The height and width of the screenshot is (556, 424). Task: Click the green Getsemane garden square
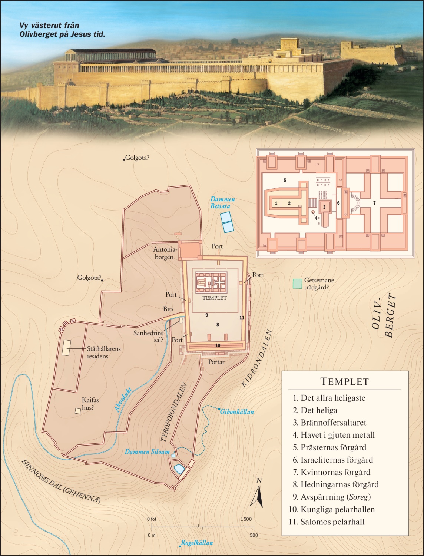[x=297, y=284]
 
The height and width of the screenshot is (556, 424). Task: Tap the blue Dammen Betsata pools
[x=226, y=222]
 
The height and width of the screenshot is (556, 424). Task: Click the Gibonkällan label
[x=237, y=412]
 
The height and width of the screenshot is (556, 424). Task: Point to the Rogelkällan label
[x=197, y=543]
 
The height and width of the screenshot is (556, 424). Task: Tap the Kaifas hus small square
[x=78, y=411]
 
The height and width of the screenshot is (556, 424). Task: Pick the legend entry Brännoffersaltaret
[x=333, y=423]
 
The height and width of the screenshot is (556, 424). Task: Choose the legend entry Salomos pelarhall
[x=332, y=522]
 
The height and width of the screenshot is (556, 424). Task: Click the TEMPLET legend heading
[x=344, y=381]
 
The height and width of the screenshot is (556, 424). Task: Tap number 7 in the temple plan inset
[x=374, y=203]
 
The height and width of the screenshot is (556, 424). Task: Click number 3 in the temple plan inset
[x=324, y=207]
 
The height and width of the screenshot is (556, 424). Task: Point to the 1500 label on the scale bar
[x=246, y=519]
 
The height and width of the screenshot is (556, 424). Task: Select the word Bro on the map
[x=168, y=309]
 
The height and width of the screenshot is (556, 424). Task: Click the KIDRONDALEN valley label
[x=256, y=358]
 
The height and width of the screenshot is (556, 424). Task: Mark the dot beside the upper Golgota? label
[x=124, y=160]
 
